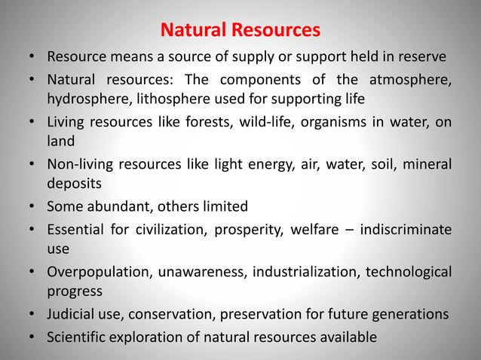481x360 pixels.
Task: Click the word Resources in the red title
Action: pos(276,30)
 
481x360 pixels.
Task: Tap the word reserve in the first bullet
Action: pos(421,56)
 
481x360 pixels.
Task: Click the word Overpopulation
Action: pos(97,271)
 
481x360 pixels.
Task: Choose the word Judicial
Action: pos(73,314)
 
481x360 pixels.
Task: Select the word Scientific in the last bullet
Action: pos(78,336)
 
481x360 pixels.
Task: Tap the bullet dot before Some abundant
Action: pos(32,206)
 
